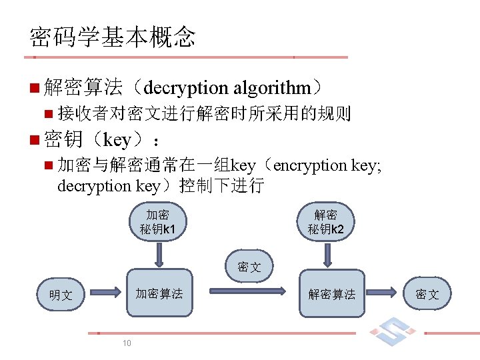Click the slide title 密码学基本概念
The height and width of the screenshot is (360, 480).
coord(112,37)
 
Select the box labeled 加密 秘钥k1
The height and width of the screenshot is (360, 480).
coord(158,223)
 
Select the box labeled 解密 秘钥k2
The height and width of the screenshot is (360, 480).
coord(326,223)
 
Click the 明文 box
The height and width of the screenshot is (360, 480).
coord(61,294)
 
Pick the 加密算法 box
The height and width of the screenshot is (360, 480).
coord(159,293)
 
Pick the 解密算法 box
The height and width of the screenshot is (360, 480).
coord(331,293)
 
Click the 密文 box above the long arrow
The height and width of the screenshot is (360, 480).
coord(249,267)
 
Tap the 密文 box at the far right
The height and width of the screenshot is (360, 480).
coord(427,294)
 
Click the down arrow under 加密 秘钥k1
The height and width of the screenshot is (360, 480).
coord(159,254)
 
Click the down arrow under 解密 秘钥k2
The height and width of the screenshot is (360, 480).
coord(327,254)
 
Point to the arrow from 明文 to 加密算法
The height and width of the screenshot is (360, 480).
coord(106,291)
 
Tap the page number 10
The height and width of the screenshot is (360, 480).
coord(126,343)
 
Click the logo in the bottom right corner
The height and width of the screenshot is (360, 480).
coord(391,331)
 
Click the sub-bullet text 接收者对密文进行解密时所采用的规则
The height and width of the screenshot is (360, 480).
coord(204,114)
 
